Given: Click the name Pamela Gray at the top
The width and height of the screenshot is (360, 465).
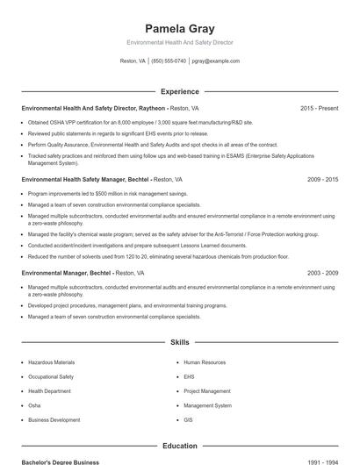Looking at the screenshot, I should (x=179, y=28).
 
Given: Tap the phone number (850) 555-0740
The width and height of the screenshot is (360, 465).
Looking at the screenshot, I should (x=169, y=61).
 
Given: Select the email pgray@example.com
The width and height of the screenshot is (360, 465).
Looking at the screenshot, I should (x=215, y=61).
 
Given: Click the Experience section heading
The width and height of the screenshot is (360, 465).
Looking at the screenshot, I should (x=179, y=91).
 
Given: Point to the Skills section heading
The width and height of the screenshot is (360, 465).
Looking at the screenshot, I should (x=179, y=343).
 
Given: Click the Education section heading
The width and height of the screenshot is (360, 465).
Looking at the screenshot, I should (x=179, y=446).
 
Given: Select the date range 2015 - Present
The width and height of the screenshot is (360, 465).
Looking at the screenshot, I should (x=319, y=108).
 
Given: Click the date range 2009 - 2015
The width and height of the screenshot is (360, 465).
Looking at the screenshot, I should (x=322, y=179).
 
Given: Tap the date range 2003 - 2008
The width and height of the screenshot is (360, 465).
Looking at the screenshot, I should (x=322, y=273).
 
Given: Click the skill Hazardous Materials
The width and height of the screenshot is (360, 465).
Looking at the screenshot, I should (x=52, y=362).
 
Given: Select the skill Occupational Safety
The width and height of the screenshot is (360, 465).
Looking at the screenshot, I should (x=51, y=376).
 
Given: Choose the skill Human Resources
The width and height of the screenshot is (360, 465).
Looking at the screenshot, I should (x=204, y=362).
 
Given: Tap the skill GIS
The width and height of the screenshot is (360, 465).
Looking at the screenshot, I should (x=188, y=420).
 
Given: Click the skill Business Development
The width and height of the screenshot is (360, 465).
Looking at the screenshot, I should (x=54, y=420).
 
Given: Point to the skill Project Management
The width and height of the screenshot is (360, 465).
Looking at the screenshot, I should (x=206, y=391).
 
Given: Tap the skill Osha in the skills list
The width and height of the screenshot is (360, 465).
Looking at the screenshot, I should (x=34, y=405).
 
